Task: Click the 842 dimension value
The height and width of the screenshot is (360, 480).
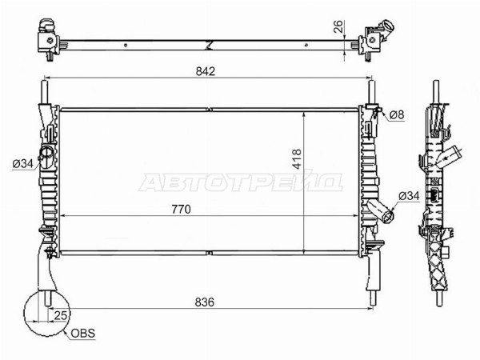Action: point(206,71)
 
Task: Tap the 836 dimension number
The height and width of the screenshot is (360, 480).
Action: point(205,302)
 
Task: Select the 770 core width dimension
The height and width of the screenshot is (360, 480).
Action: point(181,210)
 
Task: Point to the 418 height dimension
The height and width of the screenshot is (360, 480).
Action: point(297,159)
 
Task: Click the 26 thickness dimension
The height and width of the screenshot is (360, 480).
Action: point(339,27)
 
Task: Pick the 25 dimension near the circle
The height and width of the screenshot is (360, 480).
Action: point(60,315)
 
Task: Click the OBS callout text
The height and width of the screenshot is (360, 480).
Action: point(82,333)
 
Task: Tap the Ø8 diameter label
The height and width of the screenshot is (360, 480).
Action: point(397,114)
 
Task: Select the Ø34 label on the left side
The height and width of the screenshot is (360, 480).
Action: point(22,164)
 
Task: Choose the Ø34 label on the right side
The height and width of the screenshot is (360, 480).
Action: point(409,196)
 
